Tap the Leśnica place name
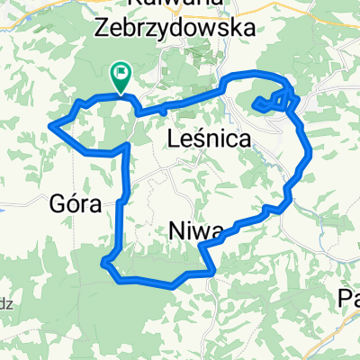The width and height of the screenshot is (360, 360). [209, 139]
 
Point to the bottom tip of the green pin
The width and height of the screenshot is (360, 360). [119, 92]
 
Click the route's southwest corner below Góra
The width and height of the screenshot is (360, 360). [105, 263]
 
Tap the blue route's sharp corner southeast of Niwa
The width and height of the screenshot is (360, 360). [213, 268]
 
